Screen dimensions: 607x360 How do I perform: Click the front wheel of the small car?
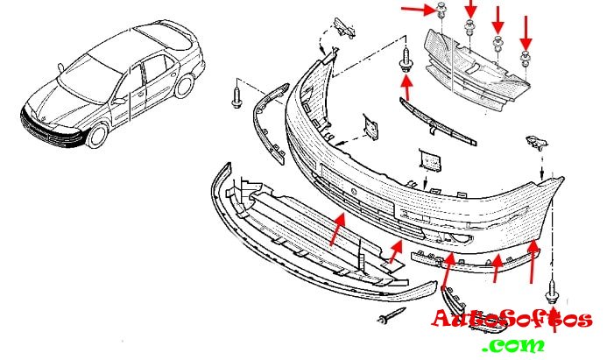click(x=97, y=135)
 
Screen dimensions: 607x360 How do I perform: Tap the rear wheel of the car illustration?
click(x=184, y=86)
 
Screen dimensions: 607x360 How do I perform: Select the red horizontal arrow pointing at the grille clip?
click(x=419, y=10)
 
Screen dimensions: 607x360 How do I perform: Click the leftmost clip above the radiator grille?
click(x=441, y=11)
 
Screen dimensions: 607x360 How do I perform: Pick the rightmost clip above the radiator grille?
click(x=525, y=58)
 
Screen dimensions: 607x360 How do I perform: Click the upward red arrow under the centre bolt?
click(x=406, y=88)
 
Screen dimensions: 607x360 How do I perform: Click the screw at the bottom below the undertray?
click(x=392, y=314)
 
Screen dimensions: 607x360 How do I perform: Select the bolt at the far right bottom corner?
click(x=552, y=293)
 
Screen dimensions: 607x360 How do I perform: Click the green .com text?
click(x=513, y=344)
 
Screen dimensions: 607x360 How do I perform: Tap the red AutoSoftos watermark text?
click(x=512, y=320)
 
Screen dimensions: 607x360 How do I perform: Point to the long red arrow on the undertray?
click(x=337, y=229)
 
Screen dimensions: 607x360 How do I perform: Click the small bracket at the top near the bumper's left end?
click(x=345, y=27)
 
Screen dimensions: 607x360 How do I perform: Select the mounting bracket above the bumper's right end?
click(x=536, y=143)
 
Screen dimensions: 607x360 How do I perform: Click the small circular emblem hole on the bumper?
click(x=354, y=190)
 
